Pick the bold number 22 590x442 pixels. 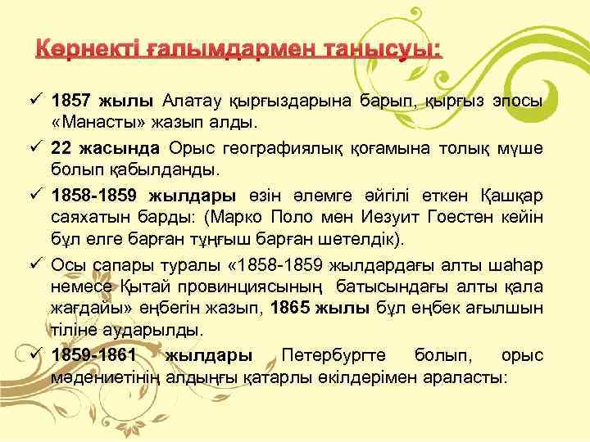(60, 148)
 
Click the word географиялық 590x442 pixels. (294, 148)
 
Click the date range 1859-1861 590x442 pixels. (93, 357)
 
